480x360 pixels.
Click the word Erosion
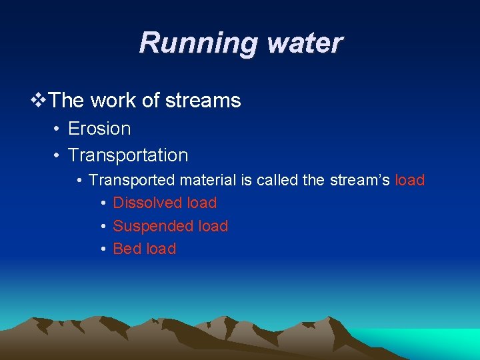[x=99, y=128]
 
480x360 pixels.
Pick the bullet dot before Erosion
[x=58, y=129]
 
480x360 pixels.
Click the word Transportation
[x=128, y=155]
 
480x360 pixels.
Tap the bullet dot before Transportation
[x=58, y=156]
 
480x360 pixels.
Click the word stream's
[x=361, y=181]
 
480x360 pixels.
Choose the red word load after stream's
[x=410, y=181]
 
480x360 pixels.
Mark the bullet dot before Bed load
[x=104, y=249]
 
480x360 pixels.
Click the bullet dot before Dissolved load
[x=104, y=203]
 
